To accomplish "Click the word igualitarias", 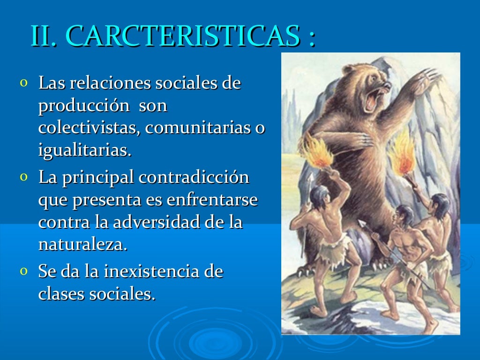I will pyautogui.click(x=84, y=151).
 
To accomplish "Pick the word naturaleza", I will pyautogui.click(x=82, y=245).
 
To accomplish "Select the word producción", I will pyautogui.click(x=84, y=106).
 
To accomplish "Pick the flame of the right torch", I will pyautogui.click(x=402, y=155).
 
